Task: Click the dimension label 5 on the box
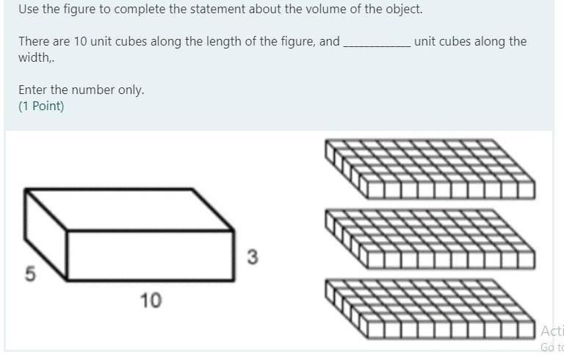(31, 273)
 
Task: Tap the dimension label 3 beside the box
(253, 257)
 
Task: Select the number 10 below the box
(151, 300)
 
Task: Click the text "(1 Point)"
(41, 107)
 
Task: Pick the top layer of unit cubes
(430, 169)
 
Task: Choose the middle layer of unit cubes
(430, 240)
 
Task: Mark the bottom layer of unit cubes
(430, 309)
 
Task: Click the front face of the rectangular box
(151, 255)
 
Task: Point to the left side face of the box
(46, 234)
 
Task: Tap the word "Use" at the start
(29, 9)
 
